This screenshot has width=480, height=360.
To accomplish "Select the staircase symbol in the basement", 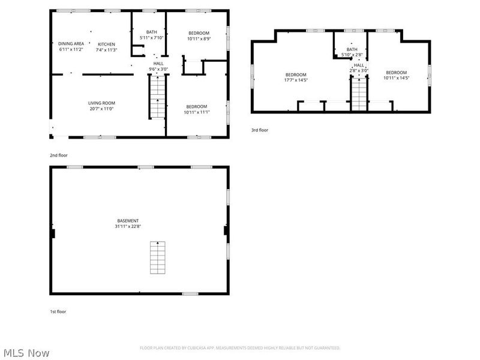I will click(158, 257).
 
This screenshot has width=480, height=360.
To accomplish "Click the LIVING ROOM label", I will click(101, 103).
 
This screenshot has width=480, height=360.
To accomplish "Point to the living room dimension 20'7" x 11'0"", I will click(101, 109).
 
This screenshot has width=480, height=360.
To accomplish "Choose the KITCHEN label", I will click(107, 44).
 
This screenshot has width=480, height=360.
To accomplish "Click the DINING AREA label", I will click(71, 44).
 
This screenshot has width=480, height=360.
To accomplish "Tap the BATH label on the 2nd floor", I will click(151, 32).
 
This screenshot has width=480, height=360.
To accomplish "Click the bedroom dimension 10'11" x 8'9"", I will click(198, 38).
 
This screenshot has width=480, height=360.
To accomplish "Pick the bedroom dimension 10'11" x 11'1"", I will click(196, 112).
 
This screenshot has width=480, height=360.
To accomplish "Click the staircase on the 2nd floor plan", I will click(157, 99).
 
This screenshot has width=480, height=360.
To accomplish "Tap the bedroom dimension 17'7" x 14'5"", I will click(296, 79).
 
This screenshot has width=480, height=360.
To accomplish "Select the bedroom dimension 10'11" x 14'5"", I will click(397, 78).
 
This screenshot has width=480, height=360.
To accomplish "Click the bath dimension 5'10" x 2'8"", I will click(352, 55).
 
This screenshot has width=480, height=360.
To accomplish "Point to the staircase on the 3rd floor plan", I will click(358, 94).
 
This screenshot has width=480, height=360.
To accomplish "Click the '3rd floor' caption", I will click(260, 130).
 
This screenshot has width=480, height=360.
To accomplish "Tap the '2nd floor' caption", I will click(58, 155).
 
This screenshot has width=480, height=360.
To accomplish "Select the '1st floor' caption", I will click(58, 311).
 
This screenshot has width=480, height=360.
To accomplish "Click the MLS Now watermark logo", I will click(26, 353).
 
